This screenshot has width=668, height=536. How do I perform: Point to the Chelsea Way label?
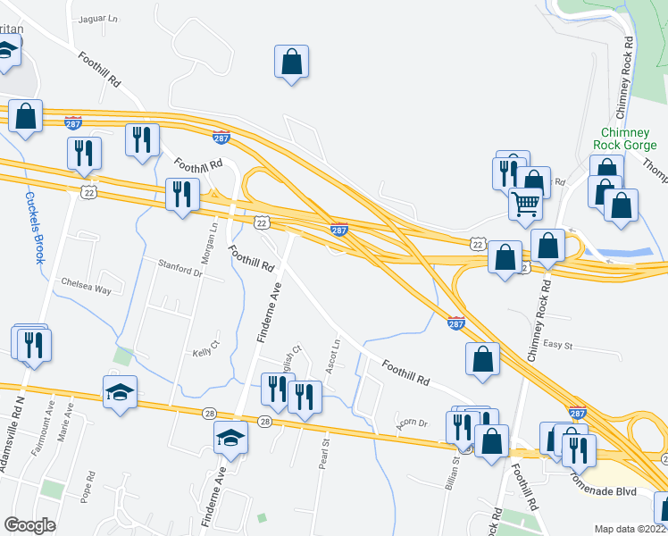(x=85, y=289)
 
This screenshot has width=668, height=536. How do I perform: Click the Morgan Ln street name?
(x=213, y=239)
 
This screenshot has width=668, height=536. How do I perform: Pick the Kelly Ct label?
(x=206, y=349)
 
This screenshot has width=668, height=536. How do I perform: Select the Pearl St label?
(x=325, y=453)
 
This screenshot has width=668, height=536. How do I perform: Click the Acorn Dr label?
(x=411, y=423)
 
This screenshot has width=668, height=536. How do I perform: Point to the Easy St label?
(x=557, y=345)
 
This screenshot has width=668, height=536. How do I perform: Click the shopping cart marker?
(x=527, y=204)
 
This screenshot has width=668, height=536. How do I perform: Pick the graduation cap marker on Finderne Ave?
(x=230, y=438)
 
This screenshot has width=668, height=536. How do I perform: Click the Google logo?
(x=30, y=525)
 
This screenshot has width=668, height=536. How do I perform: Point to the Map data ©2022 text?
(x=630, y=529)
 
